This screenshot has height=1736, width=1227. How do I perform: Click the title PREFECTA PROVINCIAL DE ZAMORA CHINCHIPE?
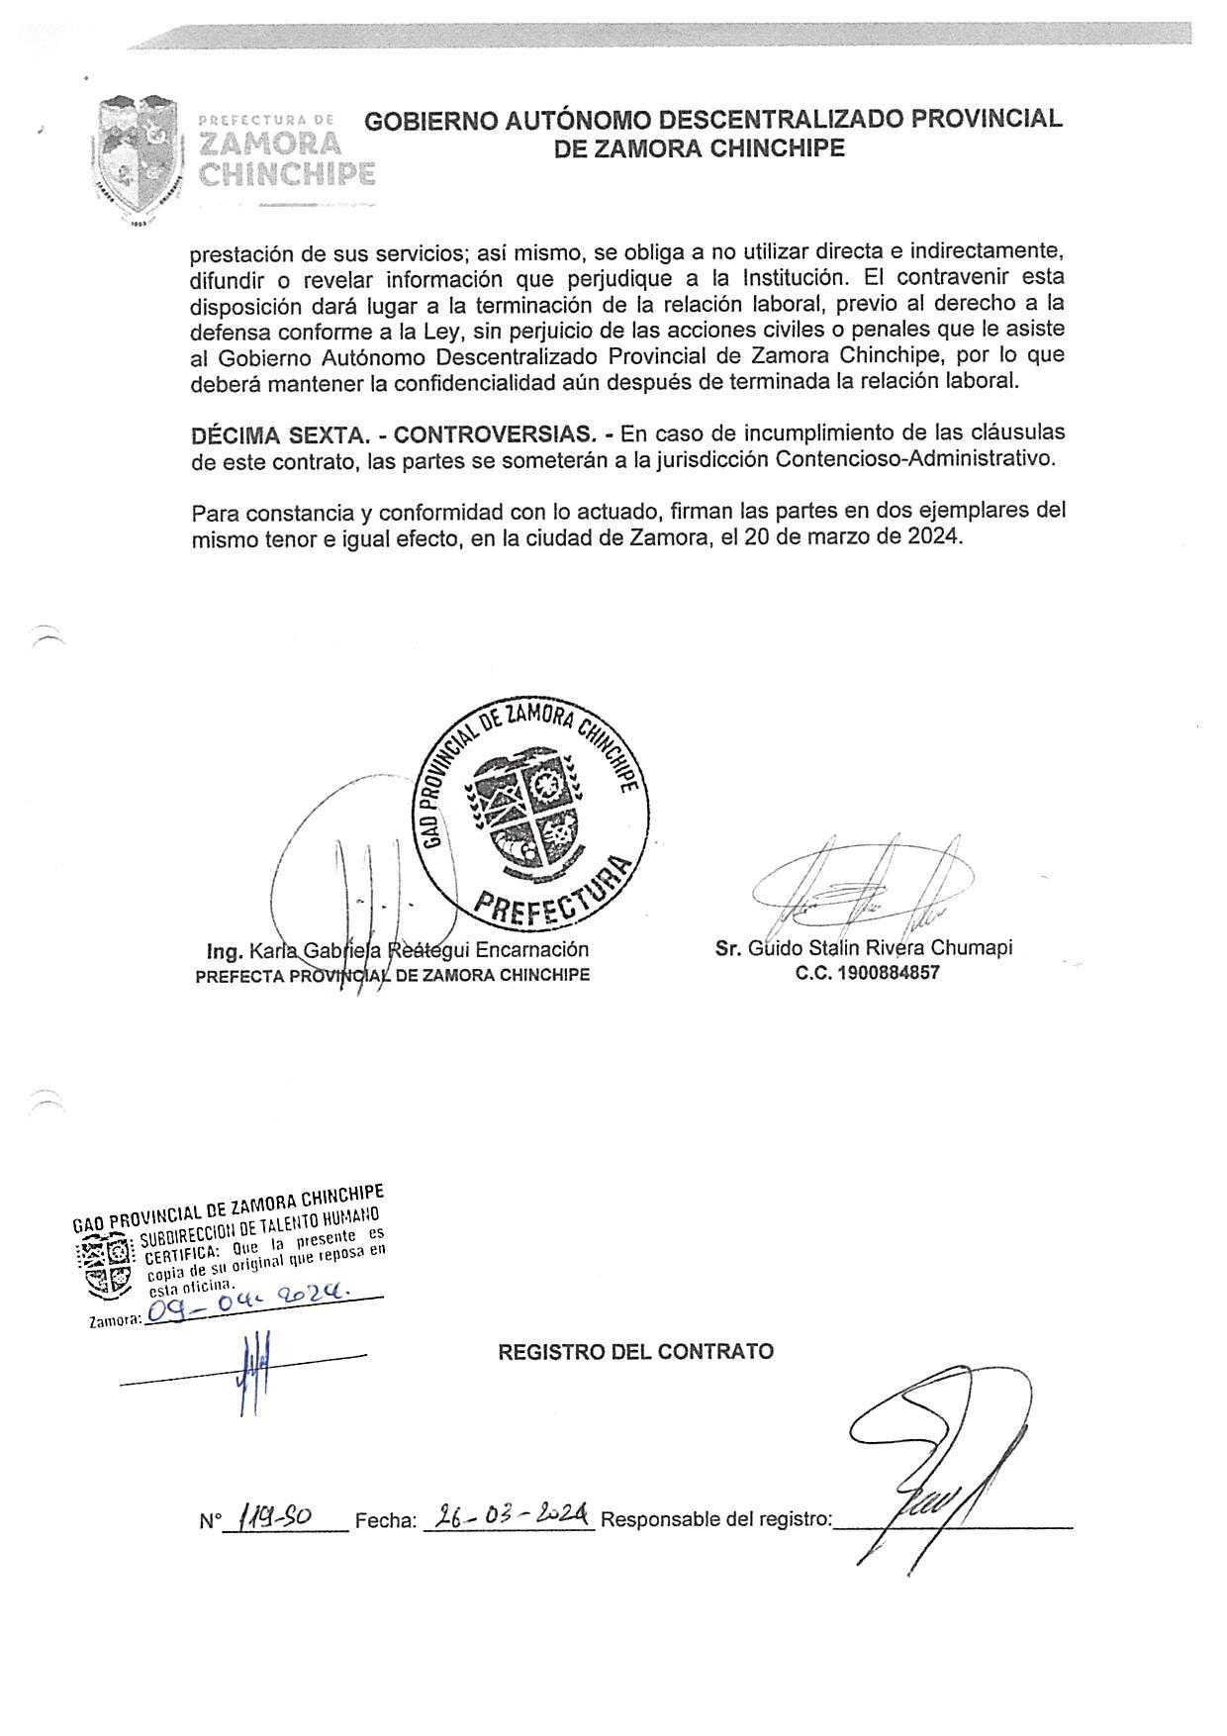point(392,975)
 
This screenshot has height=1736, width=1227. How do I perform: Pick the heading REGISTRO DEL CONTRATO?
point(635,1352)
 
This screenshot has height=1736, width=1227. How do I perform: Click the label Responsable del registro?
point(716,1519)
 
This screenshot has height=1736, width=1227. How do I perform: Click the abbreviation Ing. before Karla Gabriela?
point(225,950)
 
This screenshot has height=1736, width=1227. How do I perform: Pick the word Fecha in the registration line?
point(385,1520)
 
